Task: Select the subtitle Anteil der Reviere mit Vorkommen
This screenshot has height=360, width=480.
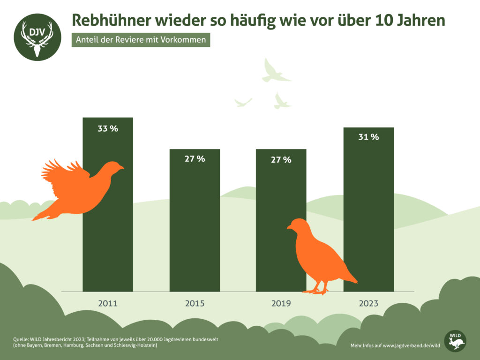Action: (141, 40)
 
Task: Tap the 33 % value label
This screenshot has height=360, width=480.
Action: (108, 128)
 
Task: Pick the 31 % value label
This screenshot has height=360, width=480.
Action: (368, 137)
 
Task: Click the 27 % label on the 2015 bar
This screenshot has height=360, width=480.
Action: (195, 159)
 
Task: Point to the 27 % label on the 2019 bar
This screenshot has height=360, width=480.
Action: (281, 160)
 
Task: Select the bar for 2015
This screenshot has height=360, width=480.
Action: (195, 225)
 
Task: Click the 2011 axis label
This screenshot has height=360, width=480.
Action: (108, 303)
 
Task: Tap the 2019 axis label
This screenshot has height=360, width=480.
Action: (281, 303)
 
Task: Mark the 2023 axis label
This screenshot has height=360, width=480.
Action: (368, 303)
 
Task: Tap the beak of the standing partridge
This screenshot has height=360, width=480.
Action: (289, 228)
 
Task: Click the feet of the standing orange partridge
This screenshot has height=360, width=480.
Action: (316, 291)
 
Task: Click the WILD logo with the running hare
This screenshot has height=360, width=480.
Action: (455, 341)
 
